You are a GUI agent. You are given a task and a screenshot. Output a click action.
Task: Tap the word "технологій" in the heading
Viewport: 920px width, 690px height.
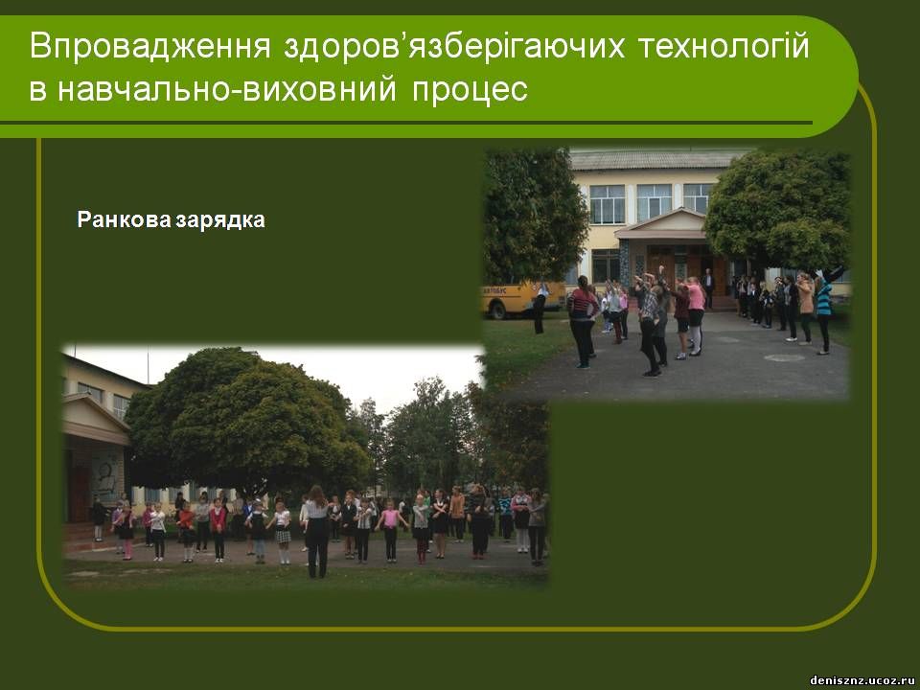tap(724, 46)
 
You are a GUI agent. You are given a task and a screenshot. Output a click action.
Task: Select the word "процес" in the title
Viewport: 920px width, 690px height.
tap(470, 90)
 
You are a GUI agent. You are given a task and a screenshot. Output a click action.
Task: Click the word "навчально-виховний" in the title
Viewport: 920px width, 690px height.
tap(226, 90)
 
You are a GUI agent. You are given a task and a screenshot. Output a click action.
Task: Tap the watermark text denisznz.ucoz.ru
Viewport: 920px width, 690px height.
tap(862, 680)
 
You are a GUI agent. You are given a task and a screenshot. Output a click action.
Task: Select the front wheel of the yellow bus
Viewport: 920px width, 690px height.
tap(498, 310)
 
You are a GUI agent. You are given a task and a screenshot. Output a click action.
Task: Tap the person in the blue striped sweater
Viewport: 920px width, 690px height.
tap(824, 310)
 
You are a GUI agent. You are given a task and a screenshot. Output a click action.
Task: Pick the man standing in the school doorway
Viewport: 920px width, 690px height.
tap(709, 288)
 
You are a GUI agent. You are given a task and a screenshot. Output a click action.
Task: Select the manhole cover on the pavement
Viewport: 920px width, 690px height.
tap(785, 357)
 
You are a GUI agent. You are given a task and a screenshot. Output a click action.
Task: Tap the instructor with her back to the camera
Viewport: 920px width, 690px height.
tap(317, 532)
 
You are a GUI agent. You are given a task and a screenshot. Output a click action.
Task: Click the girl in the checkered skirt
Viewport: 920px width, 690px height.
tap(283, 532)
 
